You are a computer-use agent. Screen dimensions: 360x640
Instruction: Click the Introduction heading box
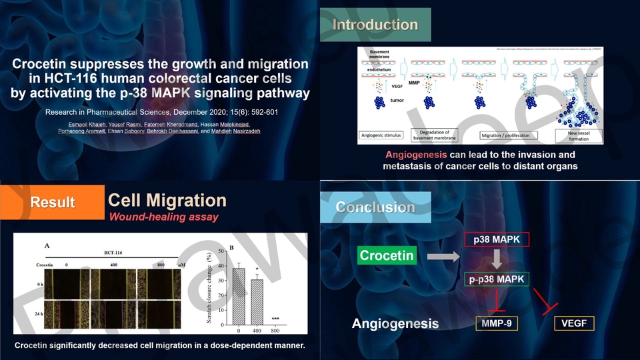[375, 25]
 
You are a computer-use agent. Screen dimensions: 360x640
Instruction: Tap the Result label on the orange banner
[53, 202]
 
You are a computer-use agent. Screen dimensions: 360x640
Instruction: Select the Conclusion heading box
[375, 207]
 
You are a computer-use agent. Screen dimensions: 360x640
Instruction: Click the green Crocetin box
[387, 255]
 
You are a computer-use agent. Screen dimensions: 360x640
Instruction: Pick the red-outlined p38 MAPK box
[496, 239]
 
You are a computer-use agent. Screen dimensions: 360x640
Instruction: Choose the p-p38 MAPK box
[496, 279]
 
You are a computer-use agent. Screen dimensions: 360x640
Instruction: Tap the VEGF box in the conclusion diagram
[573, 324]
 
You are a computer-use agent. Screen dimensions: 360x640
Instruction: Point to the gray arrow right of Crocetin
[442, 255]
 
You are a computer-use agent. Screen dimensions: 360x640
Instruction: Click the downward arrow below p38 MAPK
[497, 259]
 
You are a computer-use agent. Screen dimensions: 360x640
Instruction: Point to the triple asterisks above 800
[274, 319]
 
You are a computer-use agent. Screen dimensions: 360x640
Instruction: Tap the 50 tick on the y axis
[221, 251]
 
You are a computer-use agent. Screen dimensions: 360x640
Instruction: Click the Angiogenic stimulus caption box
[381, 135]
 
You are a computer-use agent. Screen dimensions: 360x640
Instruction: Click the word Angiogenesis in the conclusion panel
[395, 325]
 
